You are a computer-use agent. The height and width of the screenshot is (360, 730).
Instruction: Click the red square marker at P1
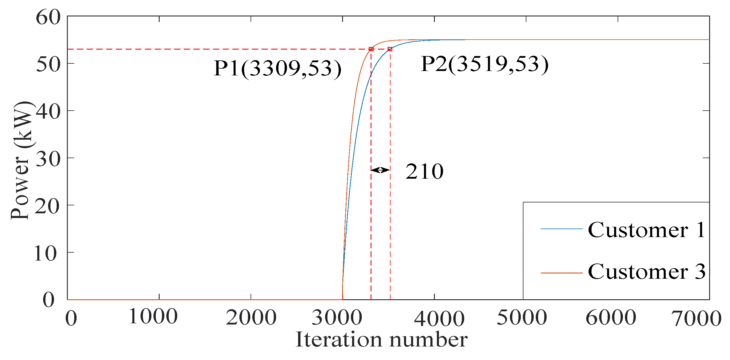(x=371, y=49)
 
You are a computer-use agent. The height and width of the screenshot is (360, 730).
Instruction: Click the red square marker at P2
(x=390, y=49)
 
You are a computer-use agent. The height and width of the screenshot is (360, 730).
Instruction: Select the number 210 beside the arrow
(x=424, y=171)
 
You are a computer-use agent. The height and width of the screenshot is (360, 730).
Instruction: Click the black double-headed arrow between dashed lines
(x=381, y=170)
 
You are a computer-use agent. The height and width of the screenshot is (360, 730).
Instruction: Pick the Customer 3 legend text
(x=647, y=272)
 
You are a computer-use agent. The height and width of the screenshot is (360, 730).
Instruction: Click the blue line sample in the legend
(x=562, y=229)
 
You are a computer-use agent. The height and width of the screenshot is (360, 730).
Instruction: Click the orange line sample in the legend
(x=562, y=273)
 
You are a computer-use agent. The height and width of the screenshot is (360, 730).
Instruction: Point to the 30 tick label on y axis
(x=48, y=159)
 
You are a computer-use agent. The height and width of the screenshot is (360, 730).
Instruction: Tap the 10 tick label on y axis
(x=45, y=253)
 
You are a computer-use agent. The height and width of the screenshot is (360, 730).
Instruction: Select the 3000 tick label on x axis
(x=337, y=318)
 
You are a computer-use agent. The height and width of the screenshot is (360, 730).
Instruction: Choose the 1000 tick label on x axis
(x=153, y=317)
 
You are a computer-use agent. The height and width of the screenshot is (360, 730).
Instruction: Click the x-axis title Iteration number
(x=381, y=340)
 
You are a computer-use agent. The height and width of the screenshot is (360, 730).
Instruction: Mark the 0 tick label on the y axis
(x=48, y=300)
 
